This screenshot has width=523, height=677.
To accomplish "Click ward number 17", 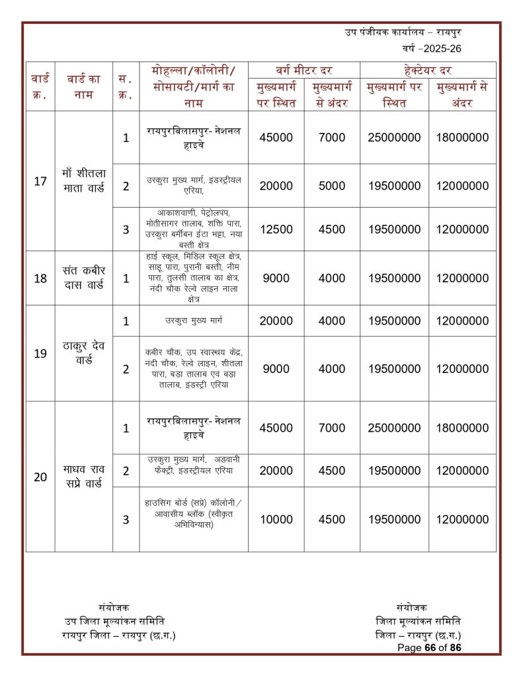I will point(40,181).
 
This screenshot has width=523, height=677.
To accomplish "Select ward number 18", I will point(40,278).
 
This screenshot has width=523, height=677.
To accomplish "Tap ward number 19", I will point(40,353).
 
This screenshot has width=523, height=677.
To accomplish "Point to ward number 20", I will point(40,477).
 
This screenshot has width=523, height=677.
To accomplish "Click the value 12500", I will point(276,229).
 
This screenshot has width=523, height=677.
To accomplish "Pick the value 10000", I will point(276,520).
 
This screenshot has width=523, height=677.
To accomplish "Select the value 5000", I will point(332,186).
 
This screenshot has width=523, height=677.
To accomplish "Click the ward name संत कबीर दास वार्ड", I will point(84,278).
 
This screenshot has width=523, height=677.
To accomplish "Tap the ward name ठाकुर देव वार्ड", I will point(84,353).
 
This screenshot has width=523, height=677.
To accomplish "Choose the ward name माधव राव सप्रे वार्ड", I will point(84,477).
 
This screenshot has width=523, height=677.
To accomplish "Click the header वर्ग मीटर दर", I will point(303,70).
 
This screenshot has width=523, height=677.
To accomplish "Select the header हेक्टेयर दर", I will point(427,70).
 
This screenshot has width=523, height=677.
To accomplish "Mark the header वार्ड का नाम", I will point(84,87).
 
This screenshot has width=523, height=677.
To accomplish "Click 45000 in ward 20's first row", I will point(276,428).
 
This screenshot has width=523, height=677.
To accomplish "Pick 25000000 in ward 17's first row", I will point(394,138).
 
